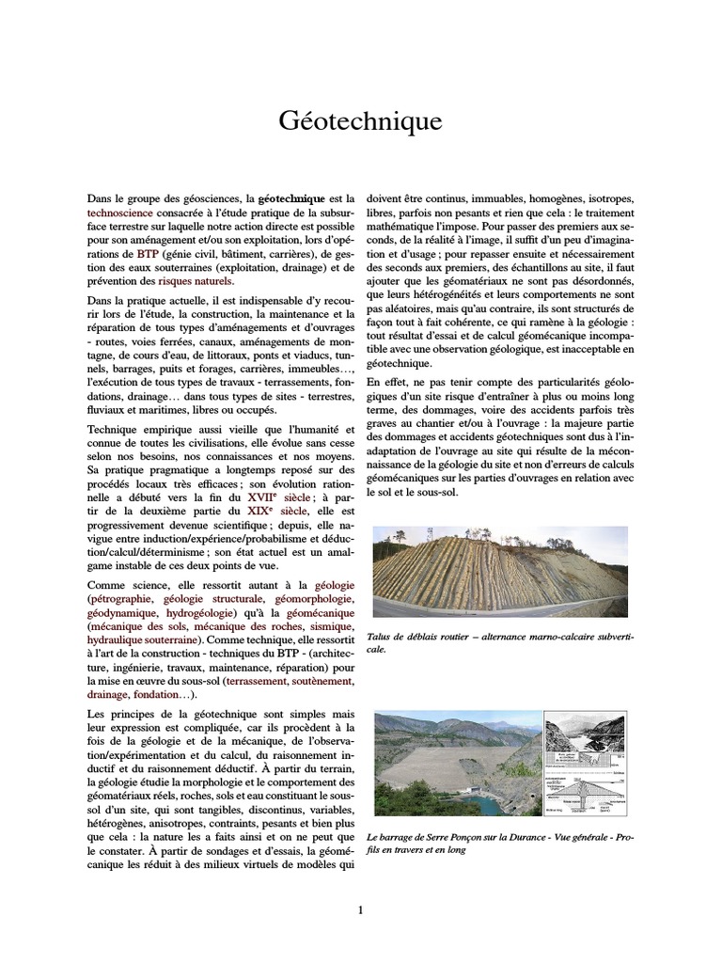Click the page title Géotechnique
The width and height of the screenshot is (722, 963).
(360, 121)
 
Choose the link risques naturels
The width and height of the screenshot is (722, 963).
(196, 281)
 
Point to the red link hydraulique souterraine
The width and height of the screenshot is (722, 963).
(137, 639)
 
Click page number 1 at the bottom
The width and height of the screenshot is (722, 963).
(360, 908)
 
